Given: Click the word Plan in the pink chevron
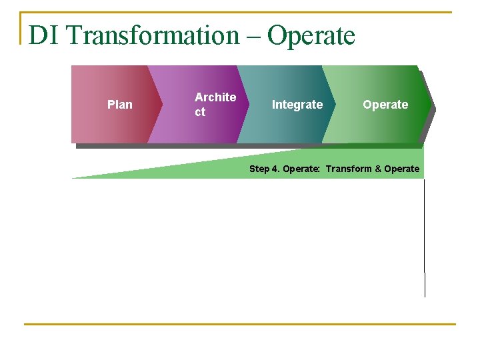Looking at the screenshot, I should click(x=119, y=105).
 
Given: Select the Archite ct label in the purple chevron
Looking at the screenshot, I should click(x=215, y=105).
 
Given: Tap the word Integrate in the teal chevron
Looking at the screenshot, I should click(x=297, y=105).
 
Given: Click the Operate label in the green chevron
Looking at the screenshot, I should click(x=385, y=105).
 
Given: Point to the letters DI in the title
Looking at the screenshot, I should click(x=45, y=35).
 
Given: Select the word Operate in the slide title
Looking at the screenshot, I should click(x=311, y=35).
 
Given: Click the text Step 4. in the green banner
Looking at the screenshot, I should click(x=264, y=169).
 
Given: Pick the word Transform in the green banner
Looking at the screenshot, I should click(x=349, y=169).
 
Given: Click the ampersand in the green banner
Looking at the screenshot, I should click(x=378, y=169).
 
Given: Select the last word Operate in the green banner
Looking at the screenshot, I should click(x=402, y=169).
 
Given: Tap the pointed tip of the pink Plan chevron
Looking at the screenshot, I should click(x=161, y=105).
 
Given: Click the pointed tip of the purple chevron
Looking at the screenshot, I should click(x=247, y=105).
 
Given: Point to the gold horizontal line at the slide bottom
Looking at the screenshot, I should click(x=240, y=325).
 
